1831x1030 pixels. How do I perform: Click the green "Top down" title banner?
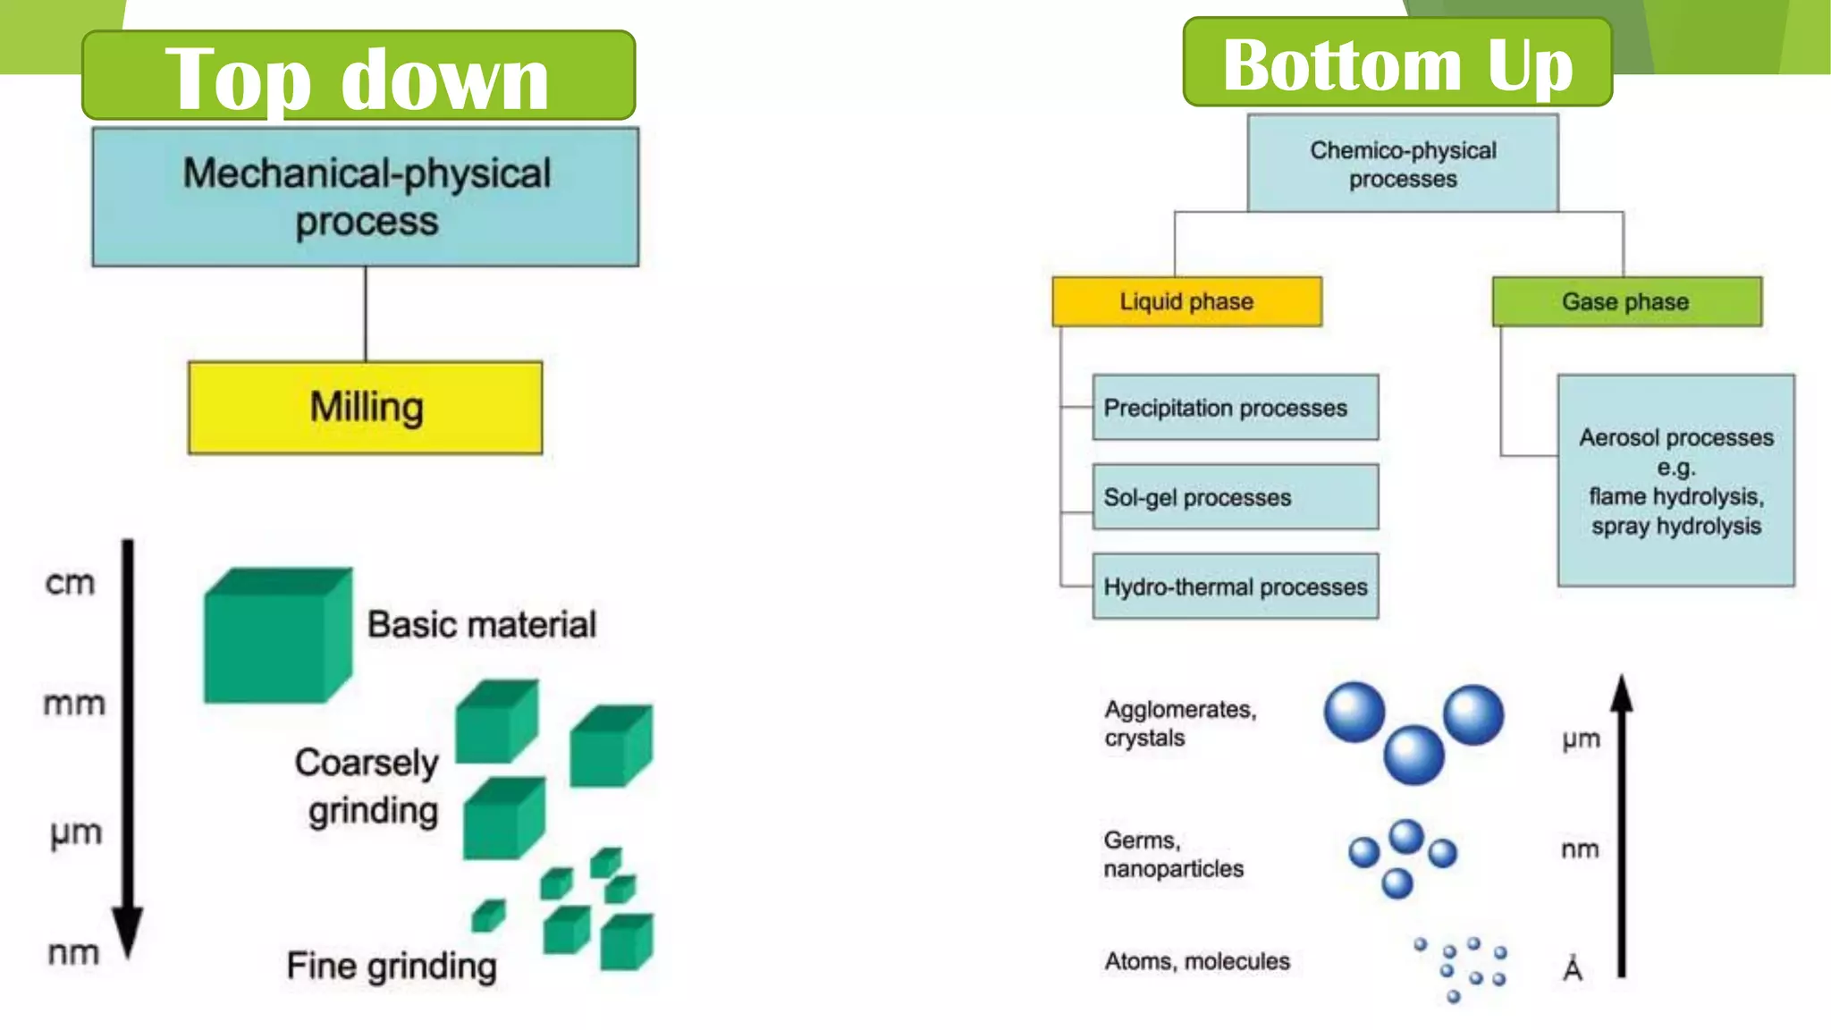click(x=358, y=76)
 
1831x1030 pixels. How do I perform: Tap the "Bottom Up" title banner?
click(x=1397, y=63)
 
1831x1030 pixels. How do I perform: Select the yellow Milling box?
click(x=366, y=408)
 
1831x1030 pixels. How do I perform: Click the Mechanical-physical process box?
click(x=366, y=197)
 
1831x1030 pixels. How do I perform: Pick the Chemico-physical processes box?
click(x=1403, y=164)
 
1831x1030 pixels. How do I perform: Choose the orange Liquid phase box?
click(x=1186, y=301)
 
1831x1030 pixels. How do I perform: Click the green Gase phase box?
click(x=1626, y=301)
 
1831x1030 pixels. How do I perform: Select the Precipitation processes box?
click(x=1235, y=408)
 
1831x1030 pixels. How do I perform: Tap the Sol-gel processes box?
click(x=1235, y=497)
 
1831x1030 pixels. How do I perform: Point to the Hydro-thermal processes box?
click(x=1235, y=587)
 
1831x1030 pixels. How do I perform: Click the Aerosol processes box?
click(x=1675, y=481)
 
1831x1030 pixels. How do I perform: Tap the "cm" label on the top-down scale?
click(x=70, y=583)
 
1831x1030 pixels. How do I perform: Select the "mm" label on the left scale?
click(x=74, y=704)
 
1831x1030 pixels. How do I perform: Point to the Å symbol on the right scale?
click(x=1573, y=968)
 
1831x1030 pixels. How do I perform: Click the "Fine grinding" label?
click(x=392, y=967)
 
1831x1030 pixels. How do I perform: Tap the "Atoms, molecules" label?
click(x=1197, y=961)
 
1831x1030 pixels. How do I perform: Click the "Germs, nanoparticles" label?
click(x=1173, y=854)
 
